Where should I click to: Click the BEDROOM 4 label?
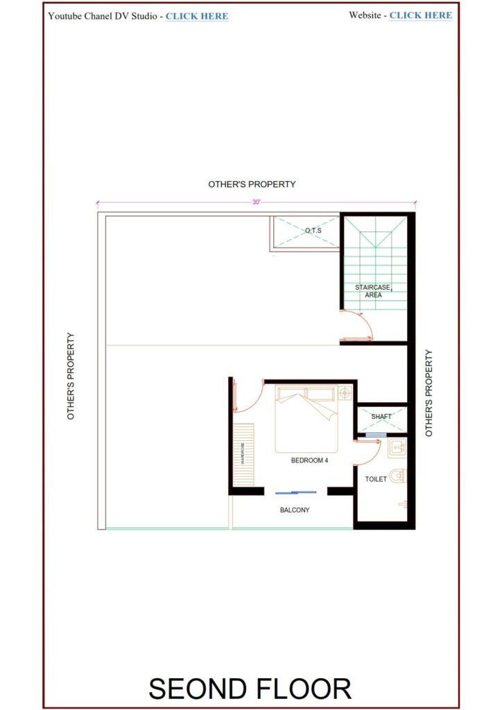tap(310, 460)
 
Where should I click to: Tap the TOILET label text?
tap(376, 479)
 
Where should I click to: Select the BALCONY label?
tap(295, 510)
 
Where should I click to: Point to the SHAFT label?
tap(381, 417)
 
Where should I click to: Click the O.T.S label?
tap(313, 230)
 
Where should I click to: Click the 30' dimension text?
tap(256, 202)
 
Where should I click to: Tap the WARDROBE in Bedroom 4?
tap(243, 455)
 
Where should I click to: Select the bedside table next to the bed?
tap(345, 393)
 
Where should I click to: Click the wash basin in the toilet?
tap(397, 447)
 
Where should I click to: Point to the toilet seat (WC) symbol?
tap(397, 476)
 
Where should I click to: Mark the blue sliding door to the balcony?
tap(296, 492)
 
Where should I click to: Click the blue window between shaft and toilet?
tap(375, 435)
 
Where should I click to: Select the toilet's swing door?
tap(365, 451)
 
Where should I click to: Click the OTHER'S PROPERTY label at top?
tap(252, 184)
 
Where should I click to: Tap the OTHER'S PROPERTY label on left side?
tap(71, 376)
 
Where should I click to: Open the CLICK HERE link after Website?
tap(420, 15)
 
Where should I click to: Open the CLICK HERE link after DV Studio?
tap(196, 16)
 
